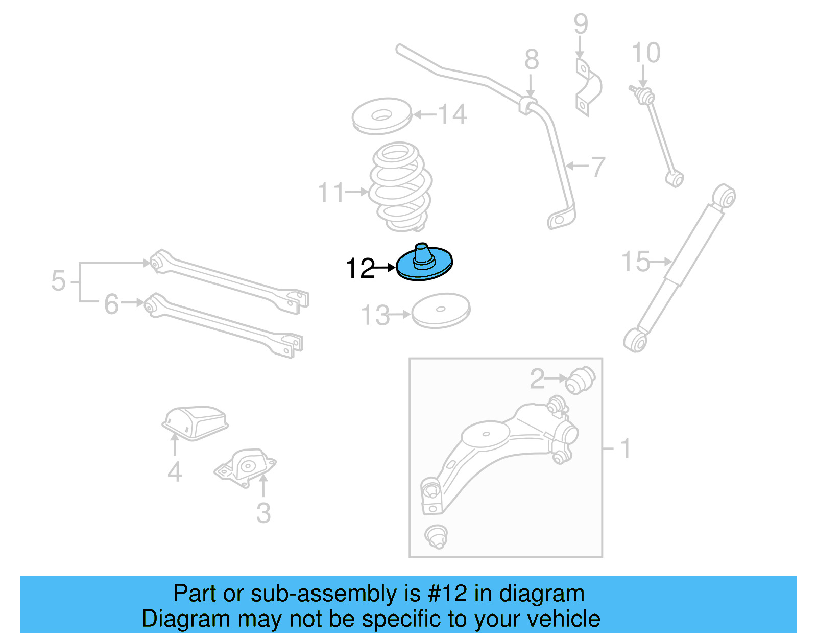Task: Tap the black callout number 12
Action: click(360, 268)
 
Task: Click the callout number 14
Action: click(452, 114)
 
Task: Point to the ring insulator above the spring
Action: click(381, 116)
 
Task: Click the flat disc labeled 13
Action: click(441, 310)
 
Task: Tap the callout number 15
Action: click(636, 262)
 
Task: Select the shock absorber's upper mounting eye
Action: click(724, 196)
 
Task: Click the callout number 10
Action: click(646, 53)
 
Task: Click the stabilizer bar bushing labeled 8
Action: click(529, 105)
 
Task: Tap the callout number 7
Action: click(597, 167)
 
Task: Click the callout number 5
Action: click(58, 281)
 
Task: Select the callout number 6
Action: click(111, 304)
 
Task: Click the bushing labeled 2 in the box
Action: click(581, 380)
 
